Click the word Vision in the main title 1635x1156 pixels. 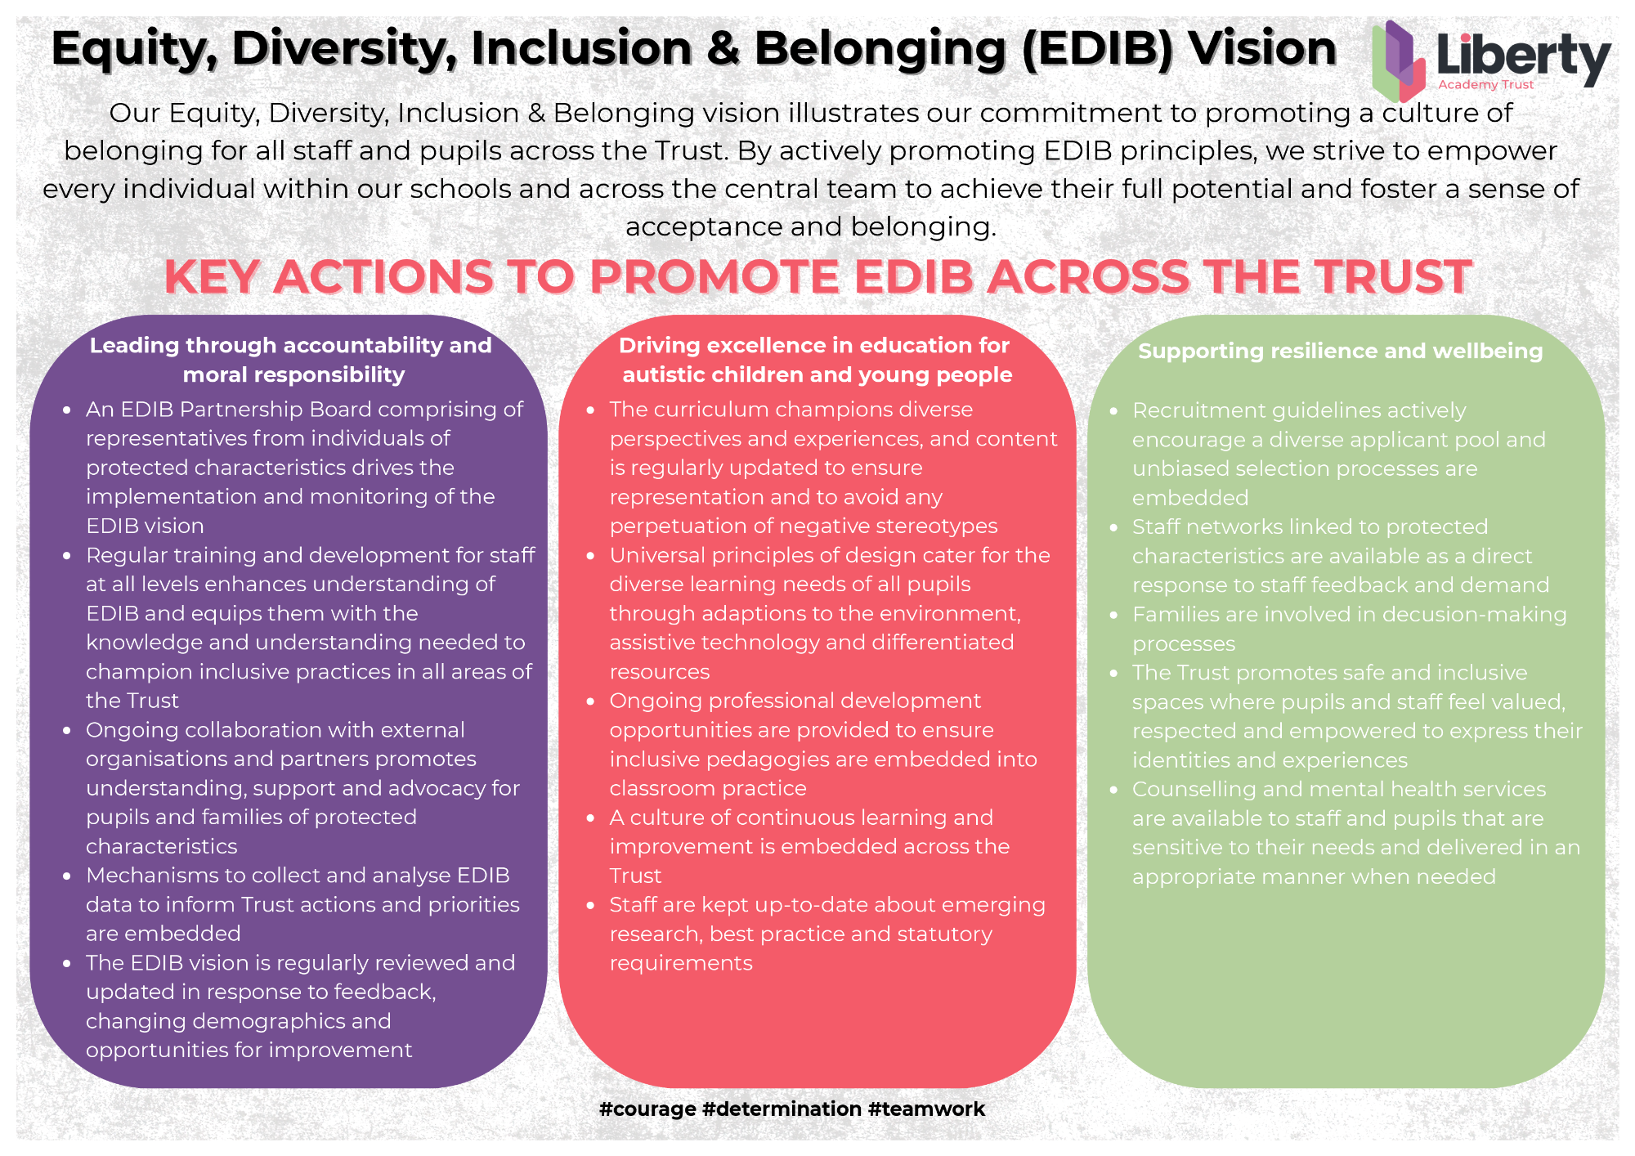(x=1262, y=48)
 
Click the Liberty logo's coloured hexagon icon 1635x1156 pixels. (x=1399, y=60)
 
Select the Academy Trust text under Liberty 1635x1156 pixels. (x=1486, y=85)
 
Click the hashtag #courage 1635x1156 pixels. (x=647, y=1109)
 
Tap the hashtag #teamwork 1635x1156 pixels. (x=926, y=1109)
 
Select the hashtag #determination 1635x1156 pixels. (x=782, y=1109)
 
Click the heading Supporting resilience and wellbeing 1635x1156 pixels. (x=1341, y=352)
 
